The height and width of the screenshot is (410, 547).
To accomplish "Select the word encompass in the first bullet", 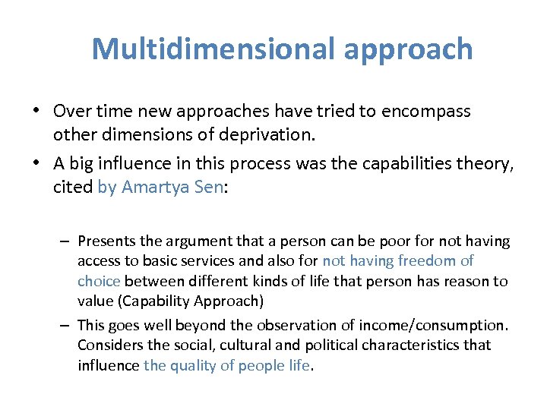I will pos(425,112).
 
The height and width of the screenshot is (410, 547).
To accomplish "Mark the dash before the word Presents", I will pos(66,241).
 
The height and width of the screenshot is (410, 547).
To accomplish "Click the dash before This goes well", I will pos(66,325).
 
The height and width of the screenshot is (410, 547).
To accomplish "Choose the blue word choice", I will pos(99,281).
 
